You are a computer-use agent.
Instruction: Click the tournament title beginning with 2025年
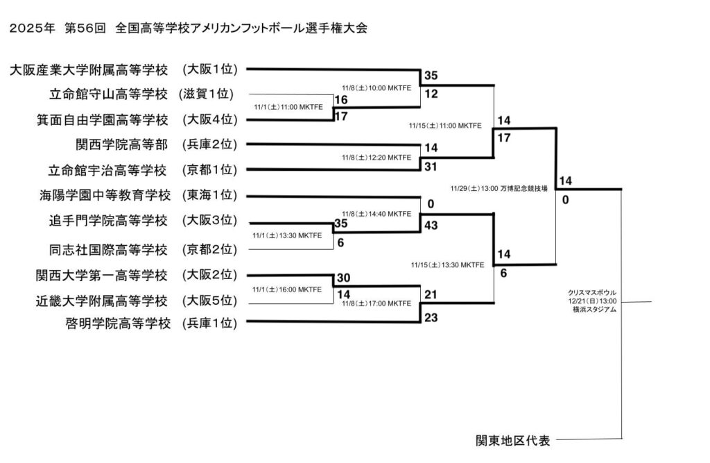187,28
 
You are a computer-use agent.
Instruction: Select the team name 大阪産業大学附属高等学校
89,69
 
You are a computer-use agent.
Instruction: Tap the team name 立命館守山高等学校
109,94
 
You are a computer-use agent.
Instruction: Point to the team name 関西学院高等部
121,144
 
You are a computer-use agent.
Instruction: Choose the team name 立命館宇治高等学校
109,170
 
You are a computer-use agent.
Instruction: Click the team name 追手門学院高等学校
109,221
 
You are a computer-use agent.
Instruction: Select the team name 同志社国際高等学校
109,249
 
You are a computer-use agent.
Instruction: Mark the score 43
432,225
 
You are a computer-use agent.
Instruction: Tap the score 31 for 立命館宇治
432,166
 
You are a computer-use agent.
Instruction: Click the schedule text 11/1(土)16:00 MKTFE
287,289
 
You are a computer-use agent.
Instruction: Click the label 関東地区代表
513,440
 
